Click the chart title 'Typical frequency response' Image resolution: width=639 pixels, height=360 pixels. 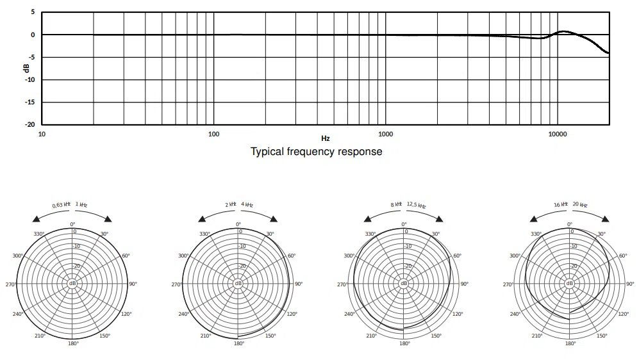click(316, 151)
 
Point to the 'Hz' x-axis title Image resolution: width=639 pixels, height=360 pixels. click(325, 138)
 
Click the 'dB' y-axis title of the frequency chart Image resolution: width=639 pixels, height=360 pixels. click(26, 68)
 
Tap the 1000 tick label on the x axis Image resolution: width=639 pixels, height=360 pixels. click(386, 134)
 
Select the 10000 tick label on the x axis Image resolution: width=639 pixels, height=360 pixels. click(558, 134)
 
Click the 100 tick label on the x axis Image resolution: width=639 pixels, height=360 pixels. click(213, 134)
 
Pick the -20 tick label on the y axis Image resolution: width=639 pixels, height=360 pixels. click(29, 125)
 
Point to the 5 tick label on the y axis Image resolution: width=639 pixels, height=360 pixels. click(33, 12)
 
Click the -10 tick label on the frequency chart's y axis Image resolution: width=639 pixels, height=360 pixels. click(29, 80)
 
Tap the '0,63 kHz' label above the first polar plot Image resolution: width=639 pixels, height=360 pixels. click(62, 204)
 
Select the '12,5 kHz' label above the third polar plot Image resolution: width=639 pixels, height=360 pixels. click(416, 204)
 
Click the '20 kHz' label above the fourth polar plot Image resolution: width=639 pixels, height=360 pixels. click(580, 204)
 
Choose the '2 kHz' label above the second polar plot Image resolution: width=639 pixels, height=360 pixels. click(231, 204)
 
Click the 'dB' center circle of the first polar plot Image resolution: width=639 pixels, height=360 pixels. click(72, 283)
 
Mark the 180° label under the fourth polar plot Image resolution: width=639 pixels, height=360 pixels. click(570, 344)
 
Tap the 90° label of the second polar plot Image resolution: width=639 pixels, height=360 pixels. click(299, 284)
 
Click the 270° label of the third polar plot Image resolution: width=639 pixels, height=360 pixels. click(342, 284)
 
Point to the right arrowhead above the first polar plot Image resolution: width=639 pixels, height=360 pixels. click(108, 219)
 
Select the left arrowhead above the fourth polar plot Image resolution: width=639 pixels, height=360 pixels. click(533, 219)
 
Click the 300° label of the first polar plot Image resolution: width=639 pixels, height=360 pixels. click(18, 256)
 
